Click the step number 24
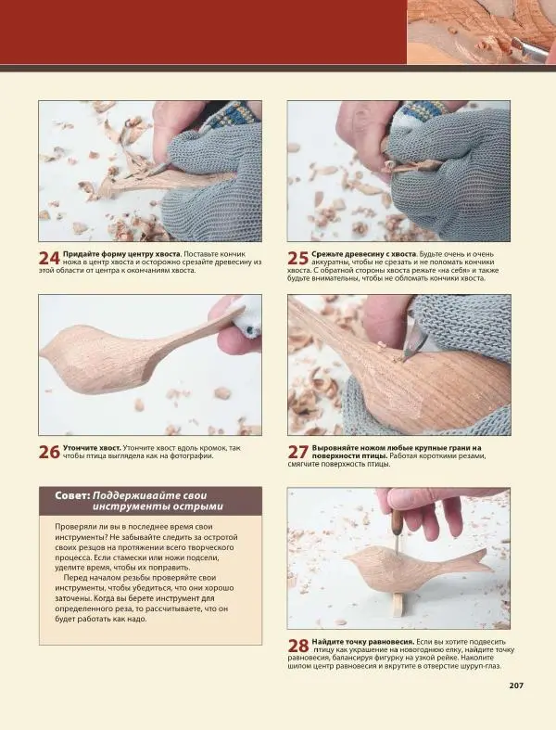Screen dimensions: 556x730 tap(49, 259)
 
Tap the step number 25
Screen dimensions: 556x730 tap(297, 259)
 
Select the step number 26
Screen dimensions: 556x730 tap(49, 453)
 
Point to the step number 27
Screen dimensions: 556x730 tap(297, 453)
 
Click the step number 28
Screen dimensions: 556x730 tap(297, 647)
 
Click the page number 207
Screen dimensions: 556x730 tap(516, 685)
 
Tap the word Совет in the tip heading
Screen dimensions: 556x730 tap(72, 495)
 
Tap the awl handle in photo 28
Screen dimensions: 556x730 tap(396, 521)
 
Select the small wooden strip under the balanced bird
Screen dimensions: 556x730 tap(398, 604)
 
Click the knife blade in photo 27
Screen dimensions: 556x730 tap(411, 343)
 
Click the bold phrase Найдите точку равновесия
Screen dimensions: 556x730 tap(363, 642)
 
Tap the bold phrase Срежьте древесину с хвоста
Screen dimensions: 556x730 tap(364, 254)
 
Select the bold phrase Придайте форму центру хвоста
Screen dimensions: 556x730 tap(122, 254)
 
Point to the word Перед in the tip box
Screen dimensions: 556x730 tap(76, 578)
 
